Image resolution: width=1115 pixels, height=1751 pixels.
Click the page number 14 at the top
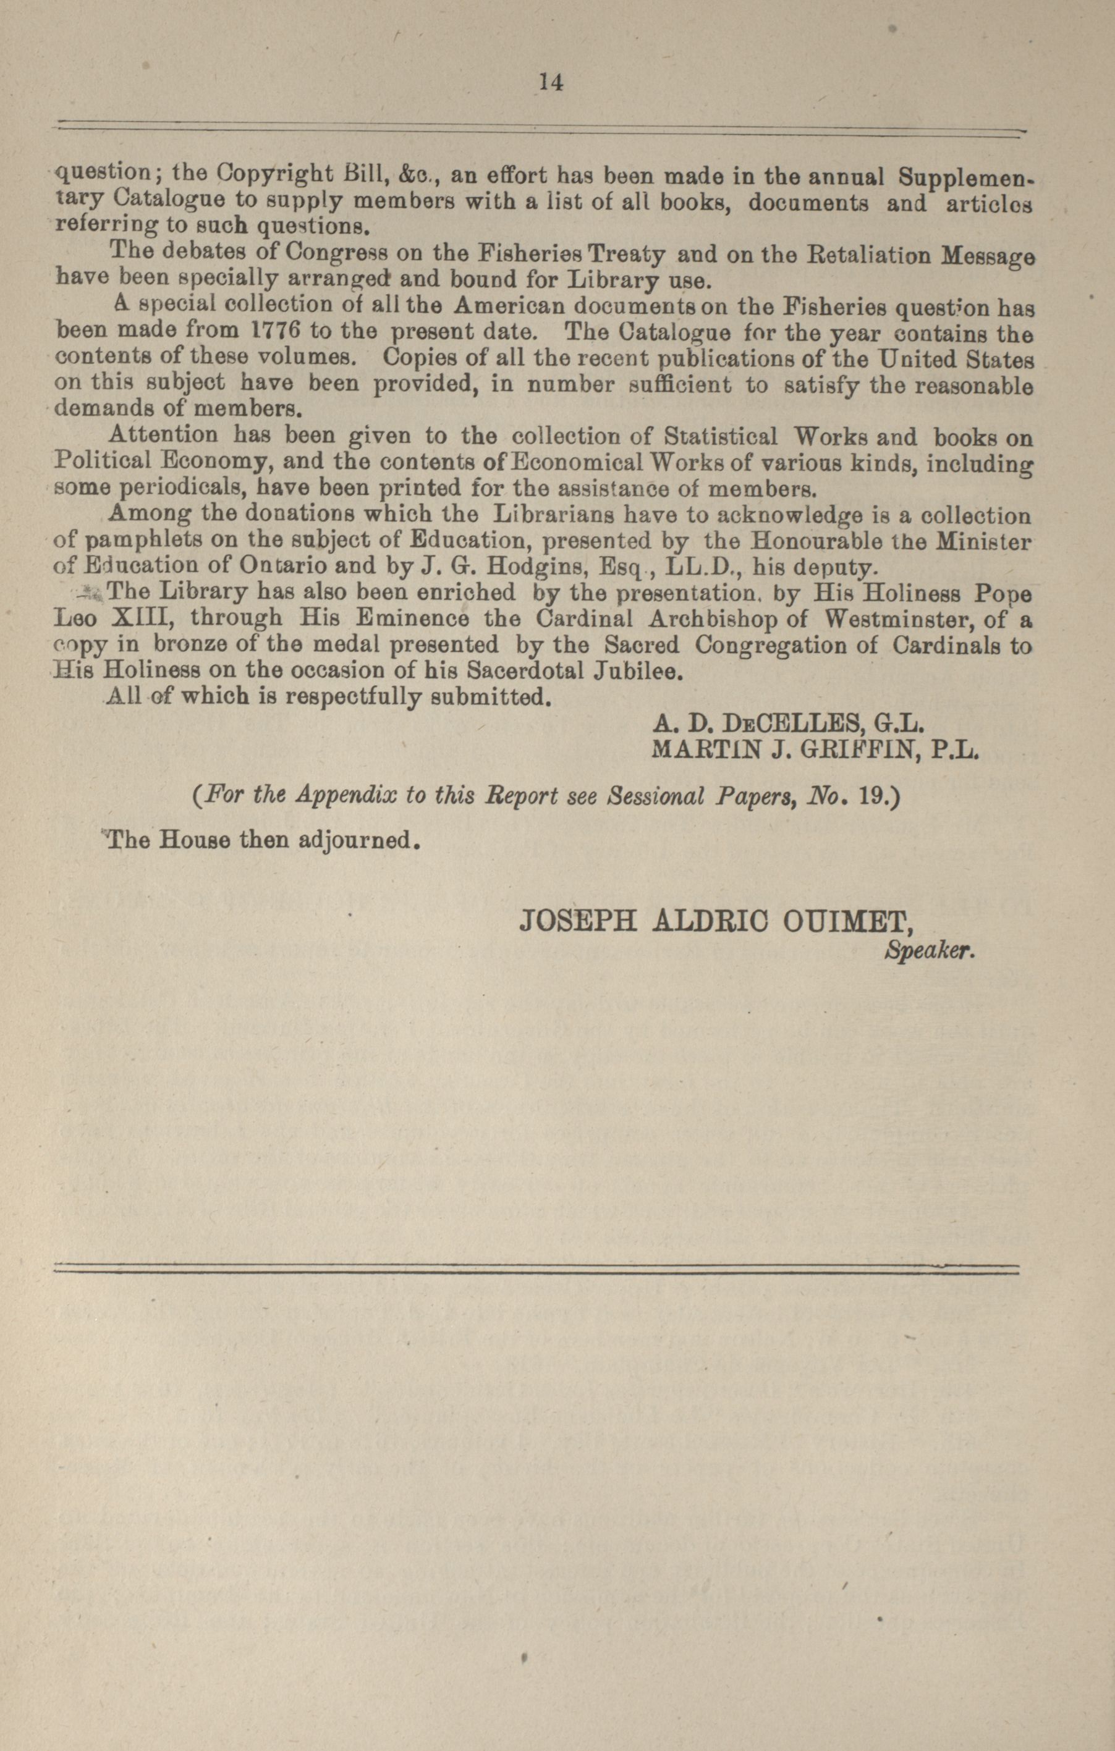coord(550,82)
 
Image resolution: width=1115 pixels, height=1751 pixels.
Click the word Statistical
coord(721,437)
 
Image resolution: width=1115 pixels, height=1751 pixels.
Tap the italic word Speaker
coord(928,951)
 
